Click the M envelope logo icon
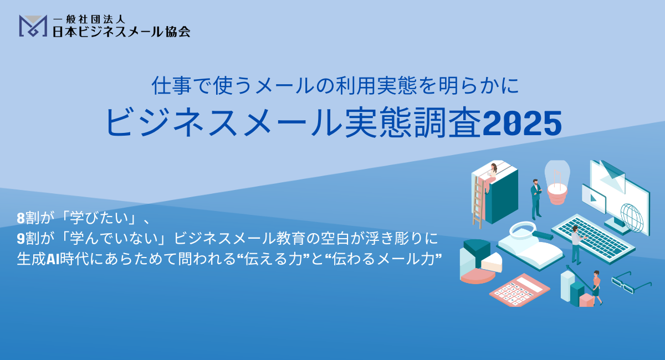coord(33,26)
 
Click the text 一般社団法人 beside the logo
coord(89,19)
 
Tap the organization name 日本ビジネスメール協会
coord(121,32)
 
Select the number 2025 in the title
coord(522,123)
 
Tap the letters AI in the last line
coord(53,259)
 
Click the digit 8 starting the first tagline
coord(21,218)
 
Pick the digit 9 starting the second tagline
coord(21,239)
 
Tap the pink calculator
coord(520,290)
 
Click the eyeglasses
coord(631,282)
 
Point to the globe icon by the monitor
coord(632,218)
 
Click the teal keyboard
coord(593,239)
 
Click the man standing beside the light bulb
coord(536,199)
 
